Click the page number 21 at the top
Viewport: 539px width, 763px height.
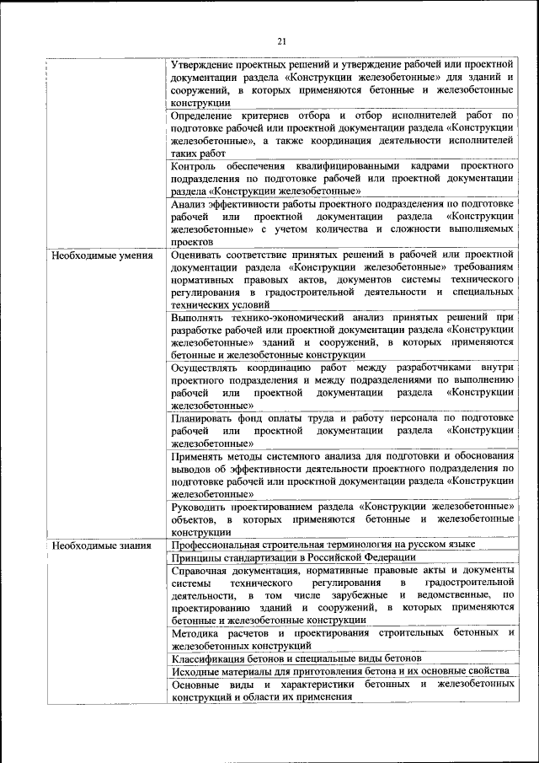coord(282,40)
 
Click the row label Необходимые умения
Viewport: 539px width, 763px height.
coord(101,254)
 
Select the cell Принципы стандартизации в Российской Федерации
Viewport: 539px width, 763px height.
coord(293,557)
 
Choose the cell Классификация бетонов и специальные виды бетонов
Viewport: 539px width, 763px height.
coord(296,658)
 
